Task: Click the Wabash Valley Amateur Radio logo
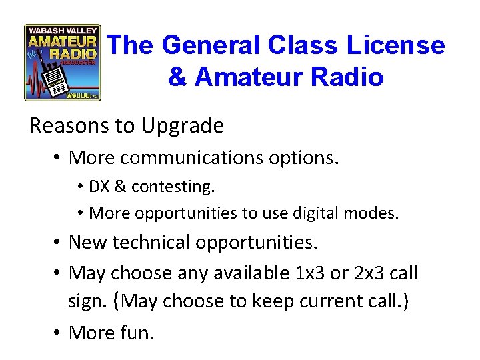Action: coord(62,62)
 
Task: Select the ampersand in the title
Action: coord(177,77)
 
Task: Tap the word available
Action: coord(250,273)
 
